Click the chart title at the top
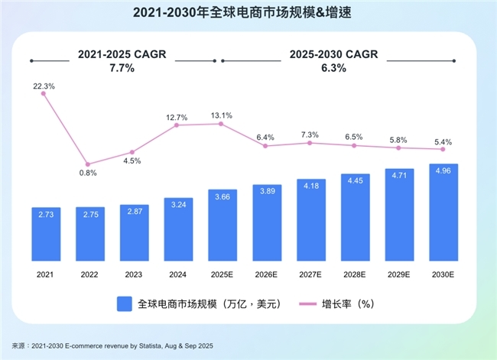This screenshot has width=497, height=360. pyautogui.click(x=248, y=14)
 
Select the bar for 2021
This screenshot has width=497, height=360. pyautogui.click(x=44, y=233)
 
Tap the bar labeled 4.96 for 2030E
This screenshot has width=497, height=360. pyautogui.click(x=443, y=212)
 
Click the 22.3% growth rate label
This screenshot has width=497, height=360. pyautogui.click(x=44, y=86)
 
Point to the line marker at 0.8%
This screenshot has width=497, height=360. pyautogui.click(x=88, y=164)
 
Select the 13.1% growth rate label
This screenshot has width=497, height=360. pyautogui.click(x=222, y=115)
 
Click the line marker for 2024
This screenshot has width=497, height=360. pyautogui.click(x=177, y=125)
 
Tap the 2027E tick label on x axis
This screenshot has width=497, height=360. pyautogui.click(x=310, y=273)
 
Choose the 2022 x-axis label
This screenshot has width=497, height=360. pyautogui.click(x=88, y=273)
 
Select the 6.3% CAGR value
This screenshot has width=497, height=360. pyautogui.click(x=333, y=68)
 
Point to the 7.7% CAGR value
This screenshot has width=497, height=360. pyautogui.click(x=122, y=68)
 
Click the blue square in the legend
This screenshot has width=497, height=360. pyautogui.click(x=125, y=303)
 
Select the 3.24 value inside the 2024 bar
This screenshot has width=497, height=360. pyautogui.click(x=177, y=205)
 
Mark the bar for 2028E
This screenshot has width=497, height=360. pyautogui.click(x=354, y=217)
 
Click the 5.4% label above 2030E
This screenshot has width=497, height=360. pyautogui.click(x=443, y=142)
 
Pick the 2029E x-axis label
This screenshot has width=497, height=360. pyautogui.click(x=398, y=273)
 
